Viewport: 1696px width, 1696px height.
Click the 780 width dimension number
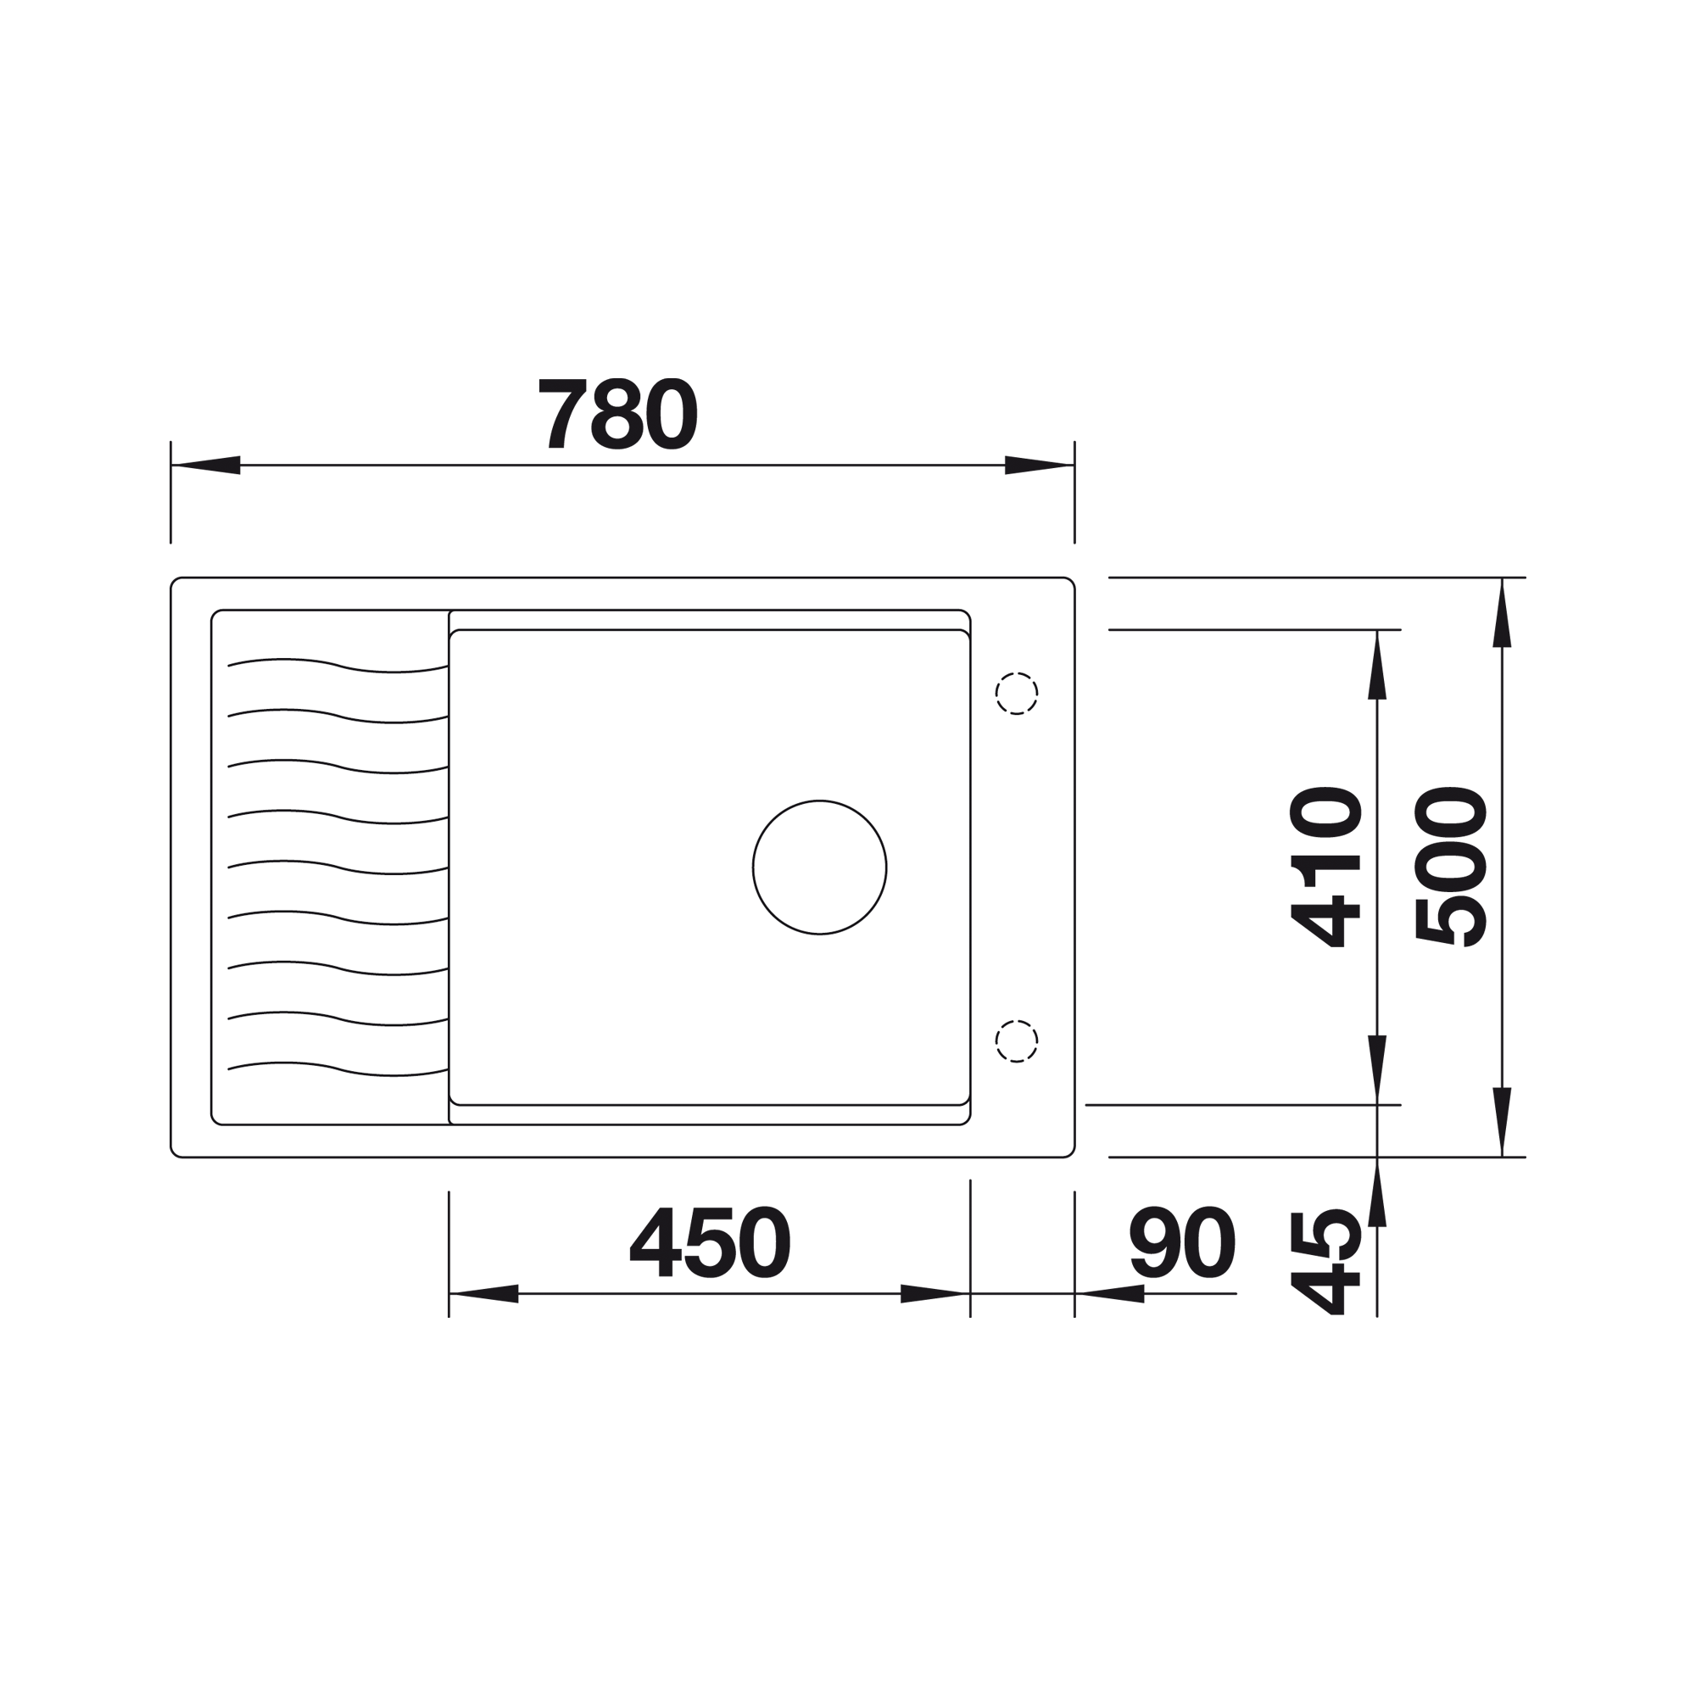coord(618,414)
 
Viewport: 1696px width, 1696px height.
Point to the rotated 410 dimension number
coord(1325,867)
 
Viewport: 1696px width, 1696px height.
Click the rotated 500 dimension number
coord(1452,867)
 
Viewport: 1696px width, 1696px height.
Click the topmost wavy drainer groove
coord(338,665)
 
